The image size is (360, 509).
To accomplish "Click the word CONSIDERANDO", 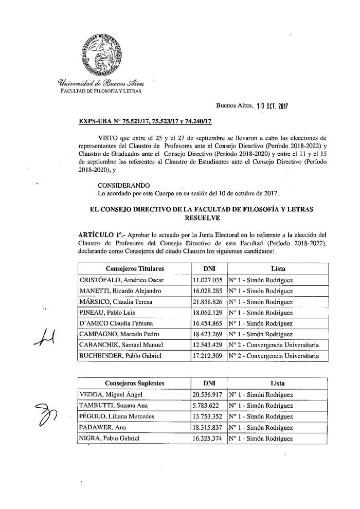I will pos(123,184).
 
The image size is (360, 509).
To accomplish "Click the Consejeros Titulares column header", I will pos(135,269).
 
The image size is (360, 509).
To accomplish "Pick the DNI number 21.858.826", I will pos(207,302).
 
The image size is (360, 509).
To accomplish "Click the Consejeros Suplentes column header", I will pos(135,384).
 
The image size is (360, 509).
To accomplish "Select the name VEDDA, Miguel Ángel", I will pos(110,395).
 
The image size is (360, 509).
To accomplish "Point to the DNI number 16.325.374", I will pos(207,438).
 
